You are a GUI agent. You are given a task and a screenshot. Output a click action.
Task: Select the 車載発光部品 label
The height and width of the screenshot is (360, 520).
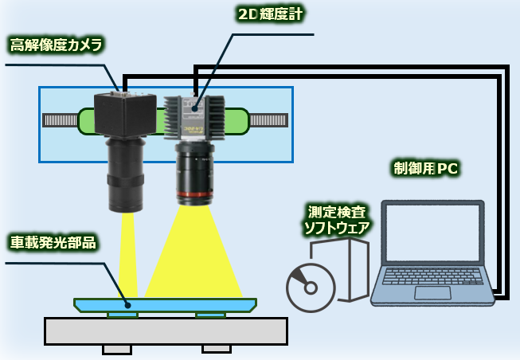pyautogui.click(x=53, y=241)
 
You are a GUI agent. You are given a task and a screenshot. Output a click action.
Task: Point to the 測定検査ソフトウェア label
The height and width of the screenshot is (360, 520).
pyautogui.click(x=337, y=220)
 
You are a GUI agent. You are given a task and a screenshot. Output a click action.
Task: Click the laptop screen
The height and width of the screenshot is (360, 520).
pyautogui.click(x=433, y=232)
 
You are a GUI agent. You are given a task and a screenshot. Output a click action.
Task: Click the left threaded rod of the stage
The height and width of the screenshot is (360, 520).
pyautogui.click(x=61, y=120)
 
